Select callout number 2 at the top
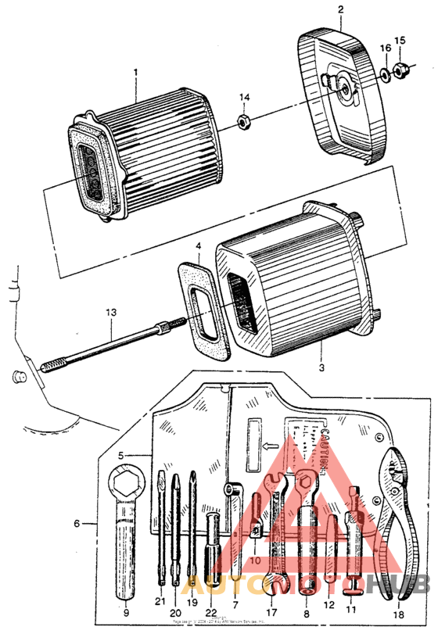(x=341, y=9)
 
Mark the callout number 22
(x=210, y=612)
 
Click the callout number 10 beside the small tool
(x=255, y=560)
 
